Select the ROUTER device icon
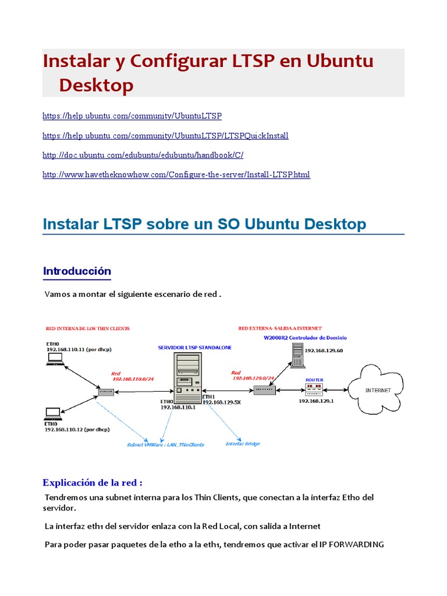coord(314,389)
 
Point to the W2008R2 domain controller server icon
coord(297,354)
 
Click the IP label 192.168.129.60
coord(324,350)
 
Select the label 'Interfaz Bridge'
coord(243,444)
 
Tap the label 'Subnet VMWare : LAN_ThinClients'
coord(165,445)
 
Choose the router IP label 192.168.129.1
coord(317,400)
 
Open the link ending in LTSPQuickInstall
coord(165,136)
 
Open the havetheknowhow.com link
coord(176,175)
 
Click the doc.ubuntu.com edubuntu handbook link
coord(143,155)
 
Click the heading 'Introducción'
coord(77,271)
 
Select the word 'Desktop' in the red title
coord(96,85)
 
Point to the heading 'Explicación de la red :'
coord(93,483)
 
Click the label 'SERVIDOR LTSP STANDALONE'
coord(195,347)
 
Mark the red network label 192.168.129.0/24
coord(254,377)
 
